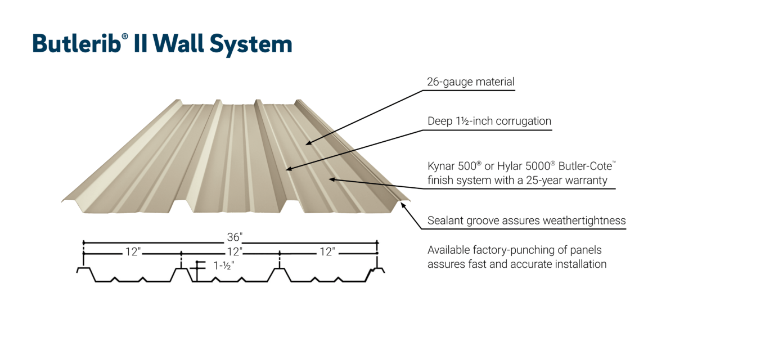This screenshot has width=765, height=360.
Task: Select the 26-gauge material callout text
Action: click(x=470, y=82)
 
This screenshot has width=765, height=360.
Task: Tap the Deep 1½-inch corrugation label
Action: click(x=489, y=121)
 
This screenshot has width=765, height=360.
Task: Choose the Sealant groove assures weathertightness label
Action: click(x=526, y=220)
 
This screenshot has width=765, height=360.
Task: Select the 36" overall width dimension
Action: click(x=235, y=236)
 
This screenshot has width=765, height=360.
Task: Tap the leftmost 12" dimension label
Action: click(x=132, y=252)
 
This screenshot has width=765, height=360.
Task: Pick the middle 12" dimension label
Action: click(x=234, y=252)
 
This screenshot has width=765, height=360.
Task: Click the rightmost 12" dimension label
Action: click(x=327, y=252)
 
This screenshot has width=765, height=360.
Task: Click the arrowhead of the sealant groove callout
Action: click(x=403, y=205)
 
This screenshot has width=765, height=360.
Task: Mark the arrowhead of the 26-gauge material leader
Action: click(x=308, y=143)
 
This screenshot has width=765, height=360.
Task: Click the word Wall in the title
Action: click(x=179, y=44)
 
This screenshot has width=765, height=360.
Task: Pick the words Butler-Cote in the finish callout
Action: click(x=587, y=167)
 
